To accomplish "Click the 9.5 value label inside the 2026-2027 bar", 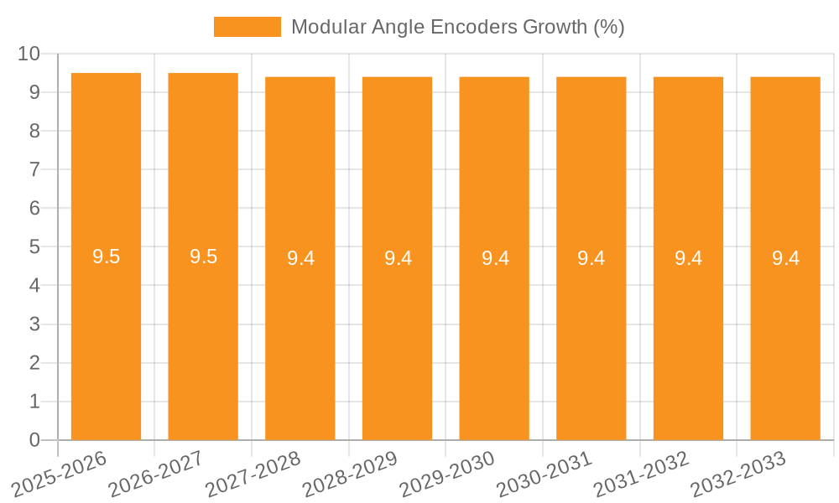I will pyautogui.click(x=203, y=257).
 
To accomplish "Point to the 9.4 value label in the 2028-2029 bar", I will pyautogui.click(x=398, y=258).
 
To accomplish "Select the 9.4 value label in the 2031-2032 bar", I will pyautogui.click(x=689, y=258).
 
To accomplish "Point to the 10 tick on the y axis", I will pyautogui.click(x=29, y=54).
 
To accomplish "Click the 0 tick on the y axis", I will pyautogui.click(x=34, y=440).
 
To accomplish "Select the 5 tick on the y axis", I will pyautogui.click(x=34, y=247).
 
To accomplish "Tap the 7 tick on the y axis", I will pyautogui.click(x=34, y=169).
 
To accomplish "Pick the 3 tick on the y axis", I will pyautogui.click(x=34, y=324).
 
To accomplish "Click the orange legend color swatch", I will pyautogui.click(x=248, y=27).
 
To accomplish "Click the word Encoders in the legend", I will pyautogui.click(x=474, y=27).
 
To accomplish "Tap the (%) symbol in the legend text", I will pyautogui.click(x=608, y=27).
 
